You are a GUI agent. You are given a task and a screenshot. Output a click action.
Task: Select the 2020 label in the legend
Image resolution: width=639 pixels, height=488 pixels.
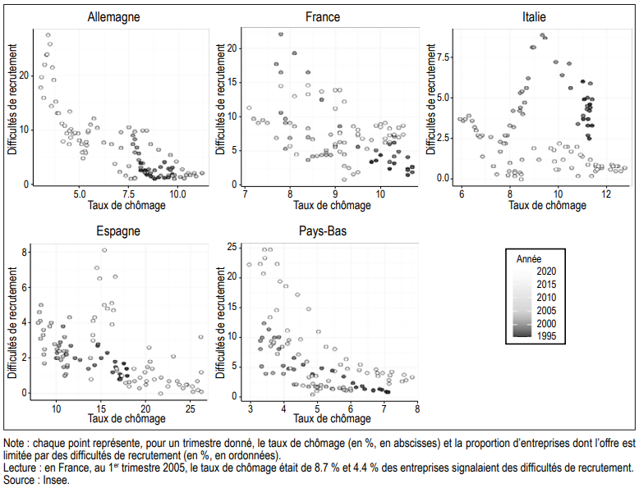(x=545, y=270)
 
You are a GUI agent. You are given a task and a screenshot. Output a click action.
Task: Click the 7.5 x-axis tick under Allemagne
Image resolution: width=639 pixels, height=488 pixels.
(x=129, y=194)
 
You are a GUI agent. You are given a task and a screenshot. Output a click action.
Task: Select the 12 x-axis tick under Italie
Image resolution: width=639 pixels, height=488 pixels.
(x=605, y=194)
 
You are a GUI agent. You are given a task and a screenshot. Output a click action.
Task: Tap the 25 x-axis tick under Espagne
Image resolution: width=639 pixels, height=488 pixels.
(x=190, y=408)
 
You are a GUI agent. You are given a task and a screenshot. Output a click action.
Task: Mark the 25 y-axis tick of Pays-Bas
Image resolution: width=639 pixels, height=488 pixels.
(x=232, y=247)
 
